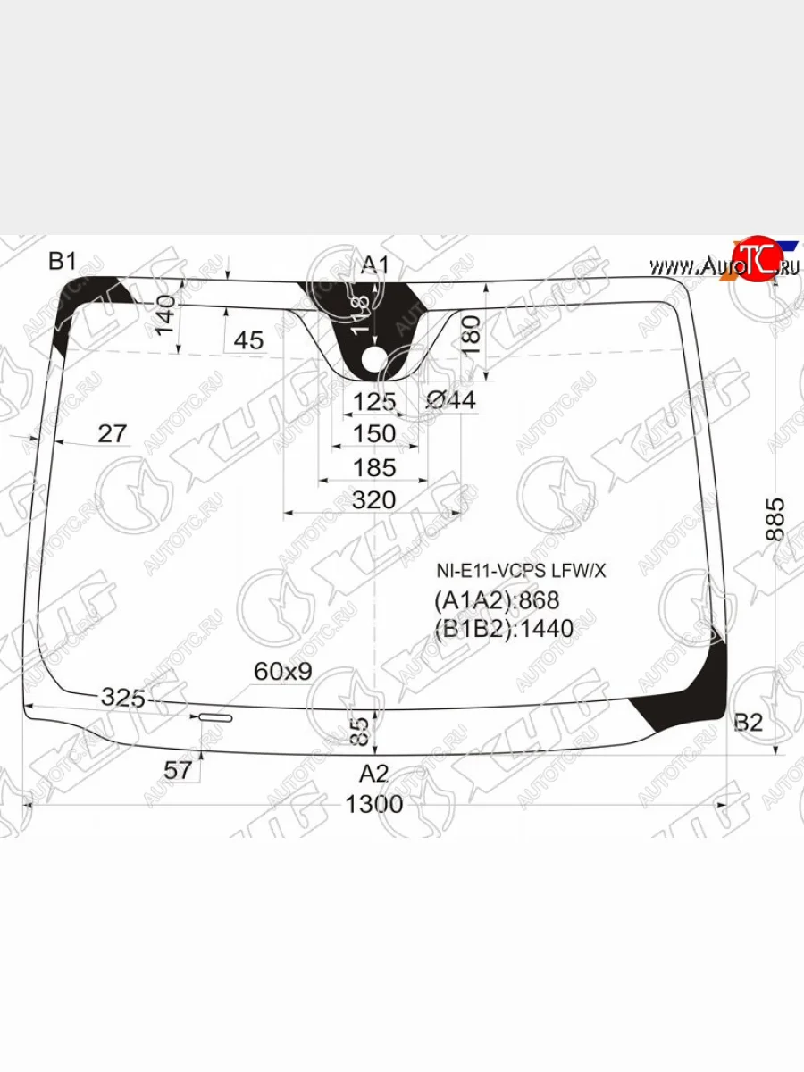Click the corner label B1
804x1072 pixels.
tap(63, 261)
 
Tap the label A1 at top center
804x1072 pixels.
tap(375, 264)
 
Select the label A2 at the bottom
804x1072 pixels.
tap(374, 772)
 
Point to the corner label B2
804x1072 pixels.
tap(748, 723)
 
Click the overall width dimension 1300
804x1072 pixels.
tap(374, 804)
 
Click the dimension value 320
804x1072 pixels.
tap(373, 500)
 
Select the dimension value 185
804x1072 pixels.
tap(373, 467)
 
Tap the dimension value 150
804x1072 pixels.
tap(373, 433)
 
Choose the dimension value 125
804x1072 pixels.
tap(373, 401)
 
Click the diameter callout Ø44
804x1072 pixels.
tap(450, 401)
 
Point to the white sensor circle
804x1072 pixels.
tap(374, 359)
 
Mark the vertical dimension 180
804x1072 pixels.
tap(473, 335)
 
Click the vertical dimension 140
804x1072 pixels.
tap(165, 316)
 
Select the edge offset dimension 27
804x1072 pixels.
tap(112, 434)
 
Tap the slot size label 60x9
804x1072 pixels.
tap(282, 671)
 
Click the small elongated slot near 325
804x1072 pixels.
tap(215, 717)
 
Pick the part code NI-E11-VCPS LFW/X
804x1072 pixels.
tap(521, 570)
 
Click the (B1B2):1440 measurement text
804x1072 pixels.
tap(504, 629)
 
